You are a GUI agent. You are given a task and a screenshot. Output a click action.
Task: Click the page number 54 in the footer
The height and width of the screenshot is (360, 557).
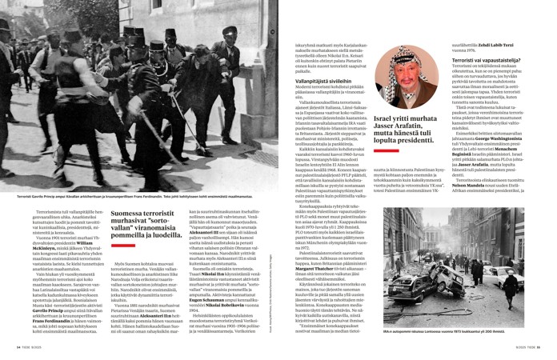(x=9, y=346)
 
